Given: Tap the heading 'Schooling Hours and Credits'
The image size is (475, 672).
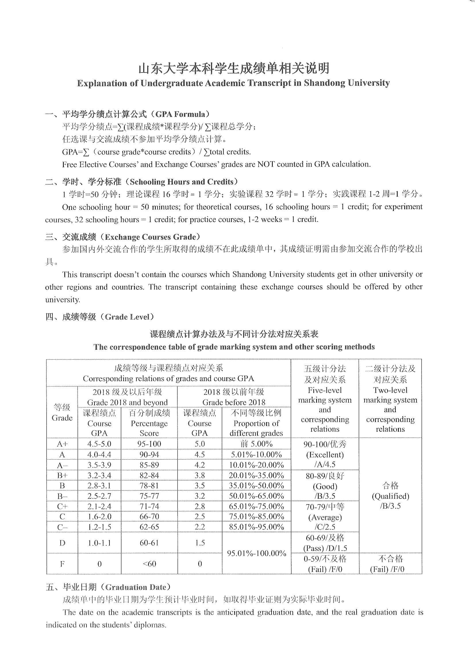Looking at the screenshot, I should coord(181,182).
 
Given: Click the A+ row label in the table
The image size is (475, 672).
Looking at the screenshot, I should coord(62,444).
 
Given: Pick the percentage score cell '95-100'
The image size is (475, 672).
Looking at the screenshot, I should coord(149,444).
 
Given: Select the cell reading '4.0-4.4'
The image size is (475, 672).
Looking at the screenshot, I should coord(99,454).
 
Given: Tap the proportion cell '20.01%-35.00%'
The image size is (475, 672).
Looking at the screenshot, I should coord(256,475).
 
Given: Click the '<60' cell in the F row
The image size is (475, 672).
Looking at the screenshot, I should coord(149,563).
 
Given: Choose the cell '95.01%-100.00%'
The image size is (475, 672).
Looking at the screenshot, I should coord(256,553).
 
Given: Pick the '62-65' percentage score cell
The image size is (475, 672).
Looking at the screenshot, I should coord(149,527).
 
